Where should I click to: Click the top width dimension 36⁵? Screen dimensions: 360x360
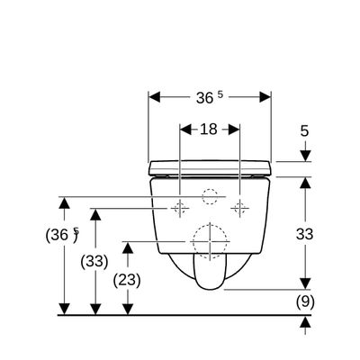(210, 97)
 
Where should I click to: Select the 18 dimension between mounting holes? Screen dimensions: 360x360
(209, 130)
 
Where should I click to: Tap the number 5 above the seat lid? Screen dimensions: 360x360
(304, 131)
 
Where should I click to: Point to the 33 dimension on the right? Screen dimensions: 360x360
(304, 234)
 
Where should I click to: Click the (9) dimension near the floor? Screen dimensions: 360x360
(305, 301)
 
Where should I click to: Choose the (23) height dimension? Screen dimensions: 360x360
(127, 281)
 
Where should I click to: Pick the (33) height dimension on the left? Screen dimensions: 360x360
(94, 262)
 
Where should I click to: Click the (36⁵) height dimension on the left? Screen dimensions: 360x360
(62, 235)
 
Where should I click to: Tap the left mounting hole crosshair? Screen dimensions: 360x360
(180, 208)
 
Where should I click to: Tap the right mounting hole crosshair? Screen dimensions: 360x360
(239, 208)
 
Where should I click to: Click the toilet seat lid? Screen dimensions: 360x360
(210, 168)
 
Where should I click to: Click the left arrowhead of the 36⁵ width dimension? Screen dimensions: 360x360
(155, 97)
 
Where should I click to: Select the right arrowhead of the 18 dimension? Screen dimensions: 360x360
(234, 130)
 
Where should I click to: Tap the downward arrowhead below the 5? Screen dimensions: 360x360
(305, 156)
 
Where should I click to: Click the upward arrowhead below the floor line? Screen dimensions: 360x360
(305, 322)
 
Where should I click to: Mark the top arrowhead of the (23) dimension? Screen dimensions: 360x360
(128, 247)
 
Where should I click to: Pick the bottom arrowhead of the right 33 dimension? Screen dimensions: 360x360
(305, 283)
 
